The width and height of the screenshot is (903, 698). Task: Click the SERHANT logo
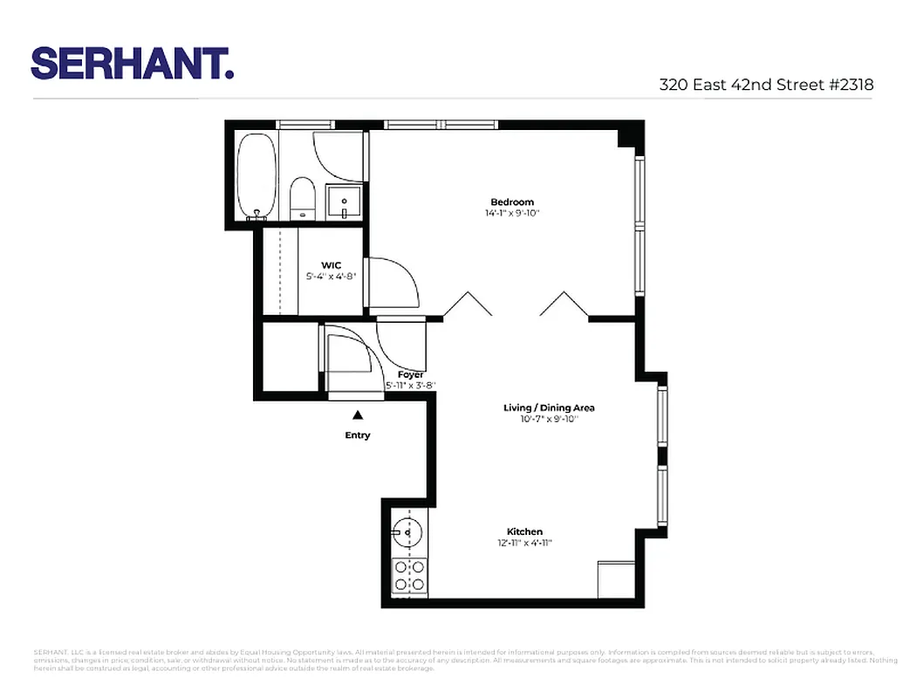click(x=133, y=63)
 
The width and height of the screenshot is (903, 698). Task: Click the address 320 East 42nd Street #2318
click(x=766, y=85)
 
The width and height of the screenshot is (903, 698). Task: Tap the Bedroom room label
click(x=512, y=202)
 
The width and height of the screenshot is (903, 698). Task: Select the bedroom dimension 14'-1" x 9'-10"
click(x=512, y=213)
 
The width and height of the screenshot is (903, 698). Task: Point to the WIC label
click(x=331, y=264)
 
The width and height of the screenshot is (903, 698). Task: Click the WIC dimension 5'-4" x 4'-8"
click(x=331, y=276)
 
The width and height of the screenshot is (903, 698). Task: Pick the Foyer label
click(x=410, y=374)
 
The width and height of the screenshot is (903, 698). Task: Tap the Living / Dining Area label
click(x=549, y=407)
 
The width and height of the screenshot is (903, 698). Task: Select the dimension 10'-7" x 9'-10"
click(x=549, y=419)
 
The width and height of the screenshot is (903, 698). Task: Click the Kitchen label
click(x=524, y=531)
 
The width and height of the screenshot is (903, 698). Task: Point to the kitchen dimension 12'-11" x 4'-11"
click(x=524, y=543)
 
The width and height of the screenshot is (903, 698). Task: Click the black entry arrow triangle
click(x=357, y=416)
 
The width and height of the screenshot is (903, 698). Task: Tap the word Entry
click(x=358, y=435)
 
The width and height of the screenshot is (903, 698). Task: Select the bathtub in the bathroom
click(x=257, y=176)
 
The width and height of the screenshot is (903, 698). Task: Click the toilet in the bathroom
click(x=302, y=198)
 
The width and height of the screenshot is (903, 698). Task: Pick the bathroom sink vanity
click(x=345, y=202)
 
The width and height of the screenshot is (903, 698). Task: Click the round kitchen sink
click(x=407, y=530)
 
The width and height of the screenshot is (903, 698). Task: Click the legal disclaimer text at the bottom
click(x=451, y=660)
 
